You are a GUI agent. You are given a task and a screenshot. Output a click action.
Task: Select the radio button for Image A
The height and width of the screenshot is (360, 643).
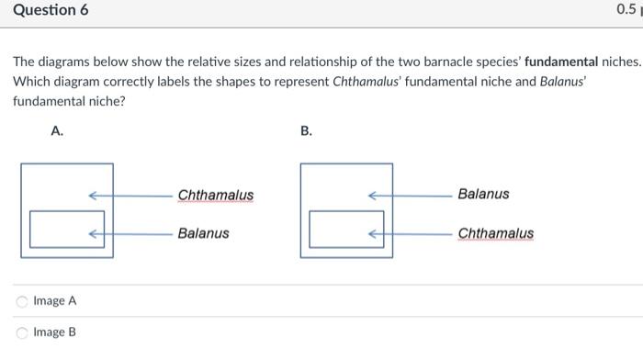point(21,301)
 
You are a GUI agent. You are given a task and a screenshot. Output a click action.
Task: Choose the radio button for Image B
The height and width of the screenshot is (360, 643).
point(21,332)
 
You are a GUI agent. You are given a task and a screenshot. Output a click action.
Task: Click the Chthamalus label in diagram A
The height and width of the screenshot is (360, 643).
point(216,195)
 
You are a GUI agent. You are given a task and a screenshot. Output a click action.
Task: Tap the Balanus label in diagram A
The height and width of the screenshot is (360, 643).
point(203,233)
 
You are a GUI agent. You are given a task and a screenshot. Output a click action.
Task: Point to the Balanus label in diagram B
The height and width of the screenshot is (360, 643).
point(483,195)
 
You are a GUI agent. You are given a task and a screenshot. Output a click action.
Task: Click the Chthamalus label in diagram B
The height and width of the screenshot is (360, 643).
point(495,233)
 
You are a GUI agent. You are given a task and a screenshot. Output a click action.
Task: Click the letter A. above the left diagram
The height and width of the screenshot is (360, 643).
point(57,132)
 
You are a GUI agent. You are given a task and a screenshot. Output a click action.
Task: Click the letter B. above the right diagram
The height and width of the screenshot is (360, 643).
point(306,132)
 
